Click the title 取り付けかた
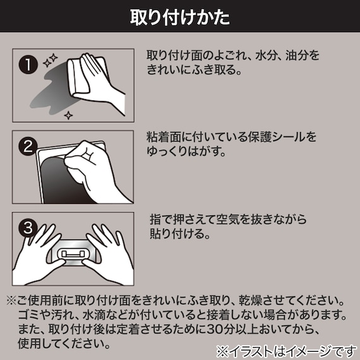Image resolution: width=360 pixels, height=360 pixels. [180, 15]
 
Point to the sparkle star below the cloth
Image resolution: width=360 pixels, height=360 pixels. [68, 114]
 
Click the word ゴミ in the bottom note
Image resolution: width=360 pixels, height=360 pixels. [28, 314]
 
